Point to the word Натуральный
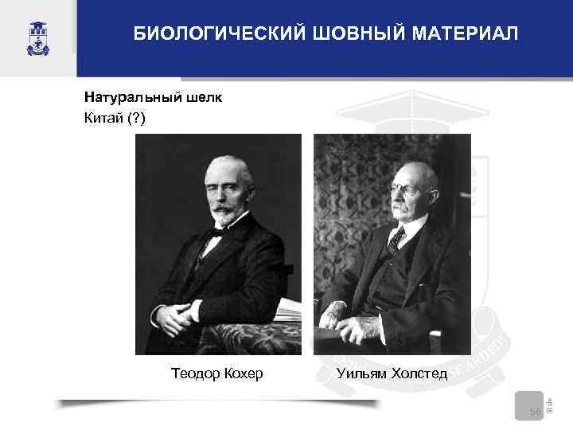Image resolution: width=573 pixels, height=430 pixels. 133,99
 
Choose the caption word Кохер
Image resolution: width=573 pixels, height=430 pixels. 243,373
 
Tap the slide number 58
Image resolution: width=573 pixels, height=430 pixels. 534,411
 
